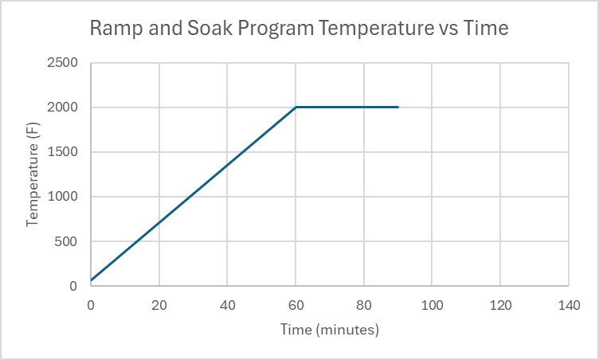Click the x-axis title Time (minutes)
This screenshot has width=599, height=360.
(329, 329)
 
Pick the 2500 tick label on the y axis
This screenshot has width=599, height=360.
(63, 63)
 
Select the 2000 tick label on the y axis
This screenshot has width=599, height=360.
(63, 108)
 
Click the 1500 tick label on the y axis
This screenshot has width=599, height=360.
(63, 152)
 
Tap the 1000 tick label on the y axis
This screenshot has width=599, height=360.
(63, 197)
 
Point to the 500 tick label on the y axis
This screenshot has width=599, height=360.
(67, 241)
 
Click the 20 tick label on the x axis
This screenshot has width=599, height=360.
(159, 304)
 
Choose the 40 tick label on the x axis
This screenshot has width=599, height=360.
(228, 304)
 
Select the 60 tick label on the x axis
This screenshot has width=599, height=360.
(296, 304)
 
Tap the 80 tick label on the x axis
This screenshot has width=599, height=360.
(364, 304)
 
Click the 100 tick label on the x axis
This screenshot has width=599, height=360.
(432, 304)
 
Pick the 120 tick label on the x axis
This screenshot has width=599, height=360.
(500, 304)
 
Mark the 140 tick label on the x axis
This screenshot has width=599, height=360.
(568, 304)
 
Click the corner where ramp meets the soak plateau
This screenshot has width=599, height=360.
(296, 107)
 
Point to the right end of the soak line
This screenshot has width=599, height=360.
(397, 107)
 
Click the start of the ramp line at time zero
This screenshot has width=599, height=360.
(92, 280)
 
